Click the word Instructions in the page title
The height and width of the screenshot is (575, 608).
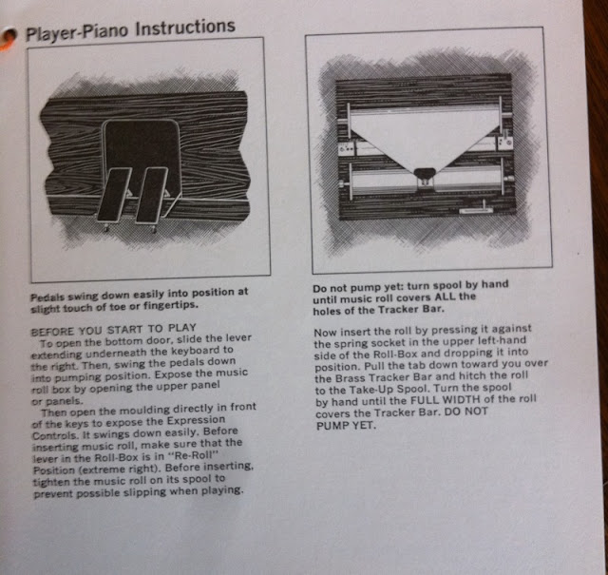point(185,28)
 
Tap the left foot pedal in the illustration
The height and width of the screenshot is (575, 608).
point(114,195)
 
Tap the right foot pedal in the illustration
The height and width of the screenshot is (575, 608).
point(151,195)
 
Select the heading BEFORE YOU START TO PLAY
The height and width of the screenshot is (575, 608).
point(113,330)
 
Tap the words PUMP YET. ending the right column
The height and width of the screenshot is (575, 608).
point(346,426)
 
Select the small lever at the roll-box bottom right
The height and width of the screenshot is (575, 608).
point(476,209)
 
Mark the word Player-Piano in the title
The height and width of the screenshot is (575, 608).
point(76,32)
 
